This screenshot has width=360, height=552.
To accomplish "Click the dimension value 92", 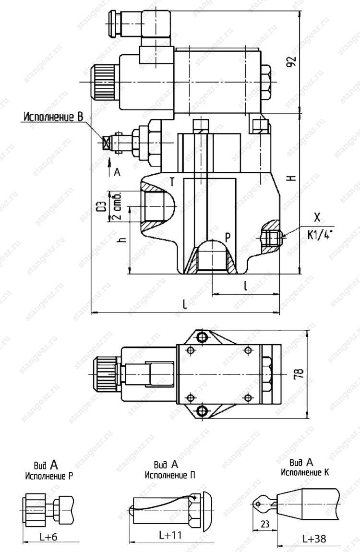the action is (x=291, y=61).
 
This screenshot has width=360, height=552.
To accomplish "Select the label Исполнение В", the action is (x=53, y=117).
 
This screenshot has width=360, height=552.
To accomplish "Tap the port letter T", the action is (x=172, y=182).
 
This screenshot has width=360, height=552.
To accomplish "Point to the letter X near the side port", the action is (x=317, y=217).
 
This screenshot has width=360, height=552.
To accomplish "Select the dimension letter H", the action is (x=291, y=178).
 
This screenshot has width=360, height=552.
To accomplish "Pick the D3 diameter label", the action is (x=102, y=207).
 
